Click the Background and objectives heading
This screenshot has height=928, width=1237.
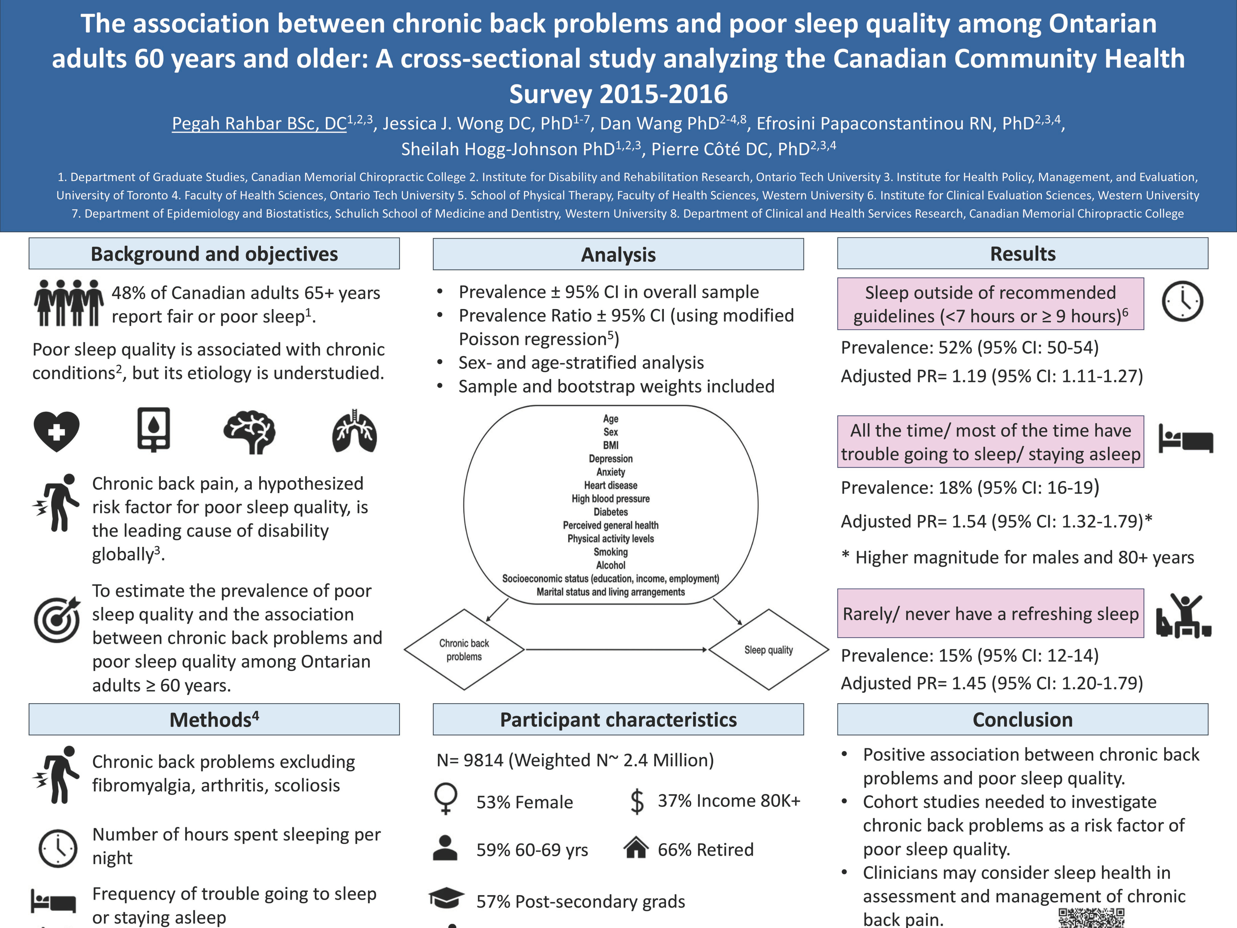click(214, 254)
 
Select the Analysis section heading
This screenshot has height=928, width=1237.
click(618, 255)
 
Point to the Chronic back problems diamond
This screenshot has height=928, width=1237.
click(464, 650)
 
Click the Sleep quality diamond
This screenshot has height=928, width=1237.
click(768, 650)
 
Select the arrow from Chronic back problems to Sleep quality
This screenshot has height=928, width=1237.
click(616, 650)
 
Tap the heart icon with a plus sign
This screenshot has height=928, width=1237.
click(56, 431)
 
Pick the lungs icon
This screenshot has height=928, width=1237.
click(355, 431)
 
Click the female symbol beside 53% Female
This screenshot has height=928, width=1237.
click(446, 798)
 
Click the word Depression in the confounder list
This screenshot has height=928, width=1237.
click(611, 459)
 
